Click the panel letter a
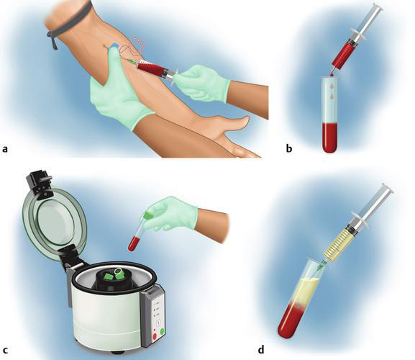click(5, 150)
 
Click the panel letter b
click(289, 148)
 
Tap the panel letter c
click(5, 351)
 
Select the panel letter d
click(261, 349)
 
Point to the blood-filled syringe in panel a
click(153, 70)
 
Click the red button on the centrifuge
click(155, 337)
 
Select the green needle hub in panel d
click(323, 264)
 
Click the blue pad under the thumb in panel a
click(114, 46)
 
